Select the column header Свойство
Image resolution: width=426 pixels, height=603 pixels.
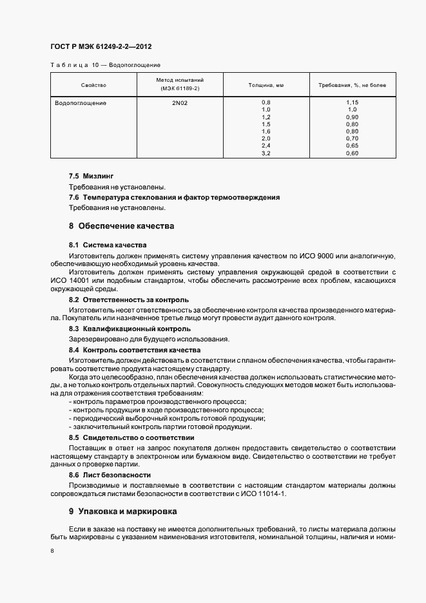[x=93, y=85]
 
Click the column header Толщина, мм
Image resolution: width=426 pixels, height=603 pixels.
[x=266, y=85]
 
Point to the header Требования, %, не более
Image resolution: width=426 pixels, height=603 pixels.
[x=352, y=85]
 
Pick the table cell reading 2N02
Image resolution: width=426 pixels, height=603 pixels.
[x=180, y=103]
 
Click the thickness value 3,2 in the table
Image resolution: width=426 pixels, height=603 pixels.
[x=266, y=153]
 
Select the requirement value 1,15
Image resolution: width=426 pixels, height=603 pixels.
[x=352, y=103]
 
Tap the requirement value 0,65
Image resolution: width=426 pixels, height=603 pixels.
[x=352, y=146]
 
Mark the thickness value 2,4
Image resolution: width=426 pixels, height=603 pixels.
[x=266, y=146]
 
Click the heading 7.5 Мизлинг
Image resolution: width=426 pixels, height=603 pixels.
[x=91, y=175]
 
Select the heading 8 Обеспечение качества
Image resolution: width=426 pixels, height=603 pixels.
[x=121, y=226]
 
